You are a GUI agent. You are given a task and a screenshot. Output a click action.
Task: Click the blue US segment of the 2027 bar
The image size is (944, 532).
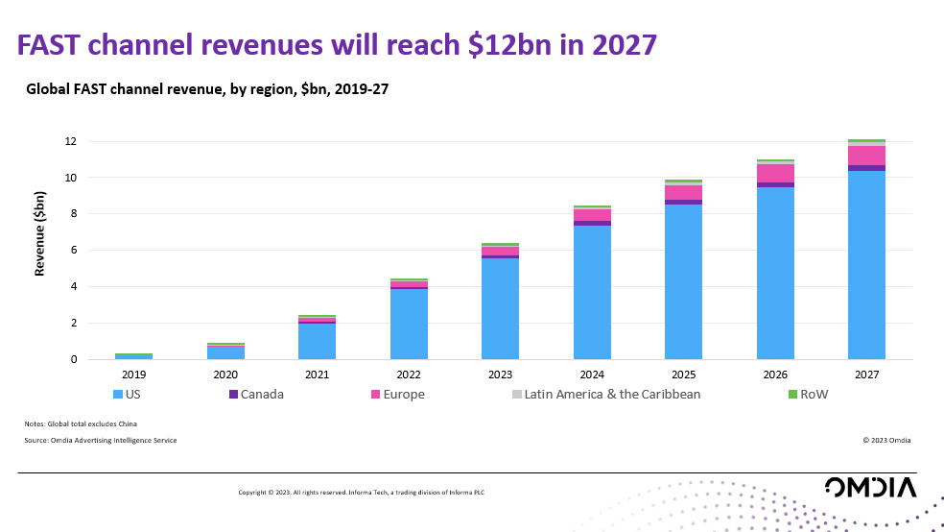(x=866, y=265)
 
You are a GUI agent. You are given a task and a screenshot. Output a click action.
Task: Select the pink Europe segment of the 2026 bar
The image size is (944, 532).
(x=775, y=173)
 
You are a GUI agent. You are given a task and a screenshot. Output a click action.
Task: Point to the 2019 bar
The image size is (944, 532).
(x=133, y=356)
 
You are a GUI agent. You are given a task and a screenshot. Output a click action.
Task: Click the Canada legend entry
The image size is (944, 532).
(x=256, y=394)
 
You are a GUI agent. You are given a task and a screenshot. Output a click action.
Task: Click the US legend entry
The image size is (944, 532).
(x=130, y=394)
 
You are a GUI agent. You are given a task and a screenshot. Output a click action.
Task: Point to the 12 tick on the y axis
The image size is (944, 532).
(x=69, y=141)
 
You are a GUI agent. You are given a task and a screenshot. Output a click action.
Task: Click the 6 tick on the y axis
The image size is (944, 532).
(x=73, y=251)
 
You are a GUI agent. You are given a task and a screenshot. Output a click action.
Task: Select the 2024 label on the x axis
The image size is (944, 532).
(x=592, y=374)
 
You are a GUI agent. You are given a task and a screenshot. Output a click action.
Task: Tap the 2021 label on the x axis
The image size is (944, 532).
(x=317, y=374)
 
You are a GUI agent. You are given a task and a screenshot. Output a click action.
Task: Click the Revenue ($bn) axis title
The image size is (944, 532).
(x=40, y=233)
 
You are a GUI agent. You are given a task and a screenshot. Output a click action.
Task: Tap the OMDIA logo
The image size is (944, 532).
(x=869, y=487)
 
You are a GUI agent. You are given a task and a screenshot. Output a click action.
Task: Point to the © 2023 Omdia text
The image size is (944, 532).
(x=886, y=440)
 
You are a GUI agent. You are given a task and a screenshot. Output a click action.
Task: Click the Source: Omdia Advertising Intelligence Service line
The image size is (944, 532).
(x=101, y=440)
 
